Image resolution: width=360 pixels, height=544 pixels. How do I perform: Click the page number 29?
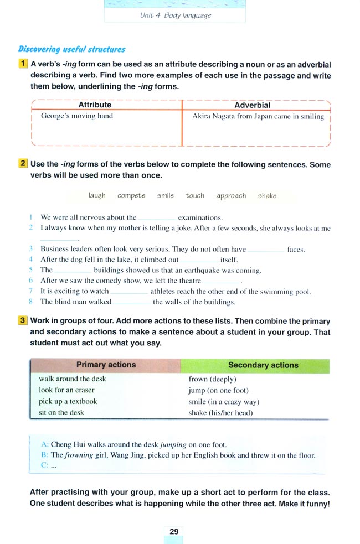click(x=174, y=531)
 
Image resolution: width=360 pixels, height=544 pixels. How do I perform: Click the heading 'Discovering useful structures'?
click(x=72, y=49)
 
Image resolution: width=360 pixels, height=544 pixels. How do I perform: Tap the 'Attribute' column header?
click(x=95, y=105)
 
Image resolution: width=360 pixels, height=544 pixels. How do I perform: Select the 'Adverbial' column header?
click(x=253, y=105)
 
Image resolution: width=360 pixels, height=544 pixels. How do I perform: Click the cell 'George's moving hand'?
click(x=76, y=116)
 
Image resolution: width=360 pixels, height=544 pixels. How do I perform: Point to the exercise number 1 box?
click(x=23, y=64)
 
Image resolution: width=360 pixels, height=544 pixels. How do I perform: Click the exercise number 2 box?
click(x=23, y=164)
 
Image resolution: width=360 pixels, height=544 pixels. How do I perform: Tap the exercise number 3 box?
click(x=23, y=320)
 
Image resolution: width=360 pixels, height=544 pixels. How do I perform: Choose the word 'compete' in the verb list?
click(x=131, y=195)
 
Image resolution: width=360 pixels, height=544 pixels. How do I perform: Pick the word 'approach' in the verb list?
click(x=231, y=195)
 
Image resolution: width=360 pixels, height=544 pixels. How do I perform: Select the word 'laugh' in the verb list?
click(x=97, y=195)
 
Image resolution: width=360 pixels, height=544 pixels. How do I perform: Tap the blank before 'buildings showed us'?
click(x=73, y=271)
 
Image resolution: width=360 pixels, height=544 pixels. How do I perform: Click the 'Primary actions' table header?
click(x=106, y=365)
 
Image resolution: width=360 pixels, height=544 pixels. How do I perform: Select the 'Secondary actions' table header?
click(x=263, y=365)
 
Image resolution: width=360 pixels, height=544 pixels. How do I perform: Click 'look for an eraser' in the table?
click(x=66, y=390)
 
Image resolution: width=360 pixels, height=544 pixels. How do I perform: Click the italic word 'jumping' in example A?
click(x=173, y=444)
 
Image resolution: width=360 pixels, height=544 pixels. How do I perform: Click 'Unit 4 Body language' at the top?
click(x=176, y=15)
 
